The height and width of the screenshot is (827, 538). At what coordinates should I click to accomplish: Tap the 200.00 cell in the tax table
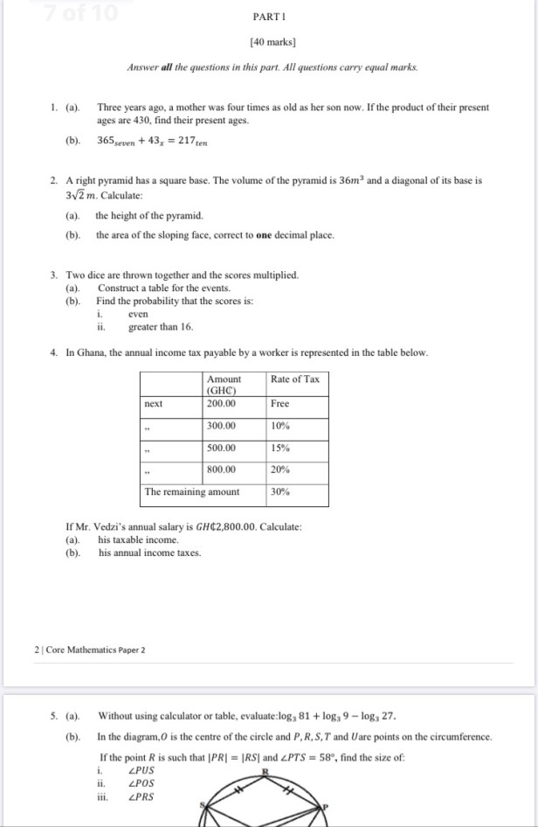(x=221, y=404)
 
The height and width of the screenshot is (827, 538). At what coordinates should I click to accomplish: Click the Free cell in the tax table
(x=280, y=404)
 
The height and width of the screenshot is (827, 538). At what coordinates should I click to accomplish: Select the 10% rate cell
(x=281, y=426)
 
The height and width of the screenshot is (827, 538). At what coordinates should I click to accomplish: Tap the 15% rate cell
(x=281, y=448)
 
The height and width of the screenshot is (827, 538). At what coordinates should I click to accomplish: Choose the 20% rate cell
(x=281, y=469)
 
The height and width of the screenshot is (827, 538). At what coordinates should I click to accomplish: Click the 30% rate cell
(x=281, y=491)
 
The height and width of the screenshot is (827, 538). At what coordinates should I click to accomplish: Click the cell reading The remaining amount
(x=192, y=491)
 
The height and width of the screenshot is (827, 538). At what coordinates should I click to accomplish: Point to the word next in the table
(x=154, y=404)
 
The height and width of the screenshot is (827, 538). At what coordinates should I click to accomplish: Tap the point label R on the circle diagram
(x=265, y=772)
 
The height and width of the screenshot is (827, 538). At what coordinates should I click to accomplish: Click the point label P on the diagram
(x=325, y=806)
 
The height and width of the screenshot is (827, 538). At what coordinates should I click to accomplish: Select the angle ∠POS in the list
(x=141, y=784)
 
